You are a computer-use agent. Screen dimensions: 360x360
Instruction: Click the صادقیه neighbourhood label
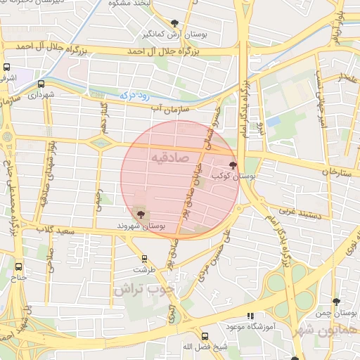(x=169, y=158)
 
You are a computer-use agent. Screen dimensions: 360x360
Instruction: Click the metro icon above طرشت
(x=145, y=259)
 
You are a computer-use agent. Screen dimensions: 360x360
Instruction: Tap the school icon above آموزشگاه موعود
(x=250, y=317)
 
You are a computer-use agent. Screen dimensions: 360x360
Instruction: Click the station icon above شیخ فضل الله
(x=205, y=336)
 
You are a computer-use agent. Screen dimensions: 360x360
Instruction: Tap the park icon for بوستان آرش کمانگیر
(x=174, y=24)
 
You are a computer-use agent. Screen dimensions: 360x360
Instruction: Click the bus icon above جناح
(x=19, y=266)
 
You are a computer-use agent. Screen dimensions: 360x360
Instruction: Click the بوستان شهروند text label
(x=143, y=227)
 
